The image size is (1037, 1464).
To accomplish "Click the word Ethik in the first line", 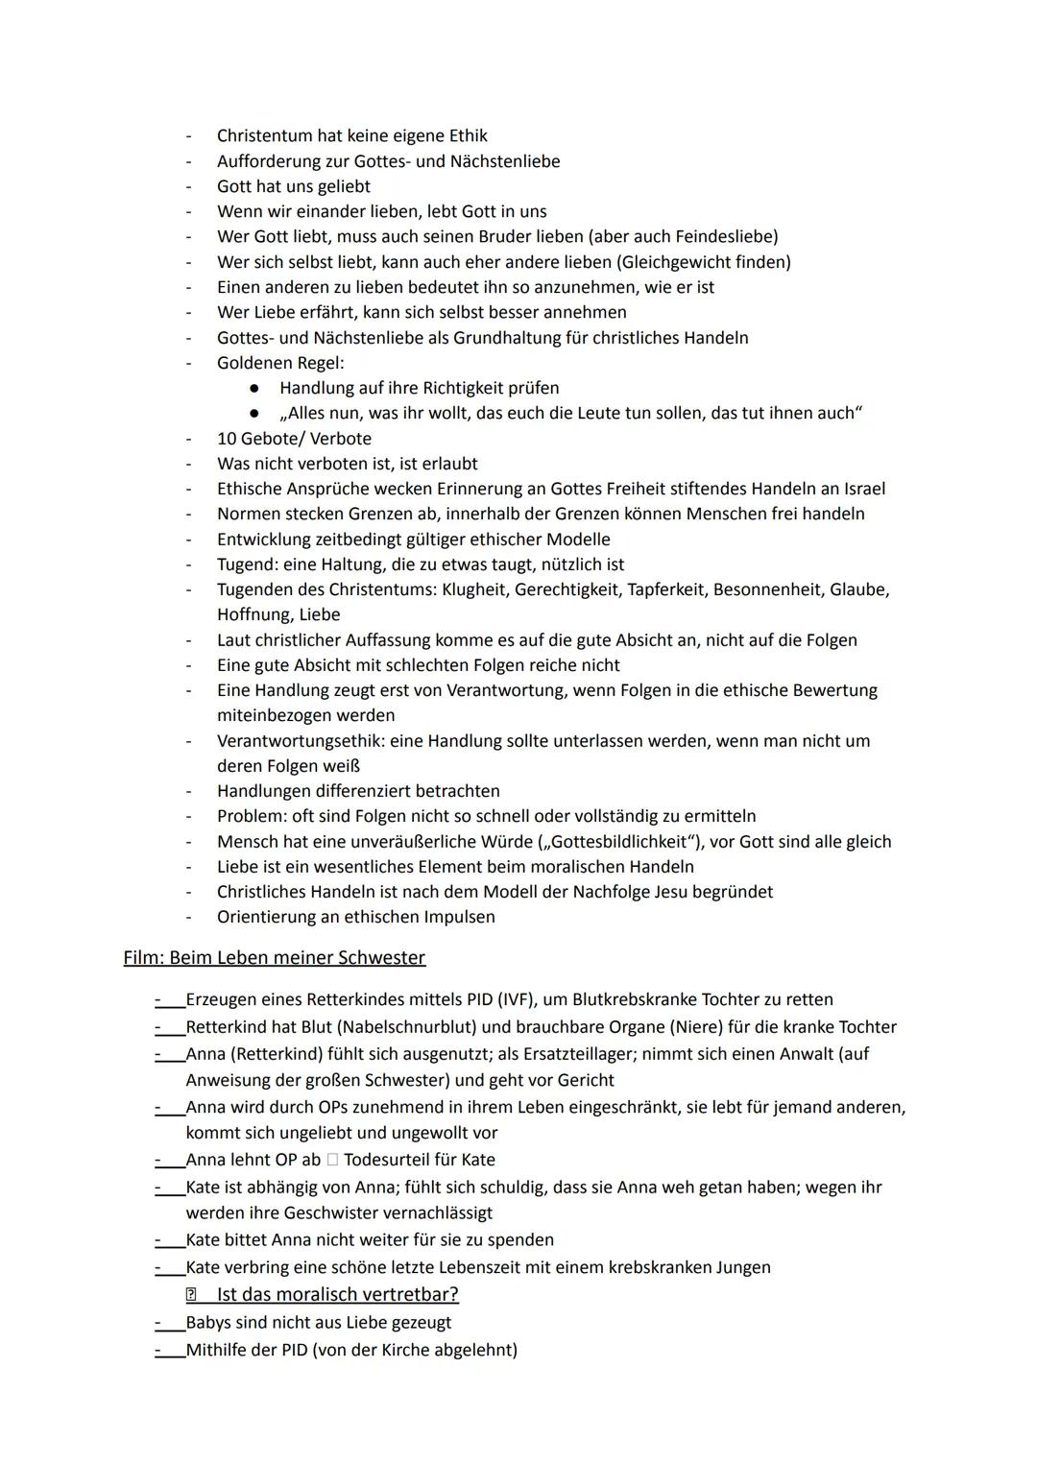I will point(465,136).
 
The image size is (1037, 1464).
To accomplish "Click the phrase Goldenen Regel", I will point(279,363).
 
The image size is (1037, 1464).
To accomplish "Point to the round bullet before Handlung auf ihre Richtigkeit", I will point(253,388).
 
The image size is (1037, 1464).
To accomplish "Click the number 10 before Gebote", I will point(227,439).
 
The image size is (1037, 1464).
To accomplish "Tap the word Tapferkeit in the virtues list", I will point(666,589).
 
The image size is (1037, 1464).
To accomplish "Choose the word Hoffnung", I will point(253,614).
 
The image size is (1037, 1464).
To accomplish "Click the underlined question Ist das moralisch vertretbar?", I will point(337,1294).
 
